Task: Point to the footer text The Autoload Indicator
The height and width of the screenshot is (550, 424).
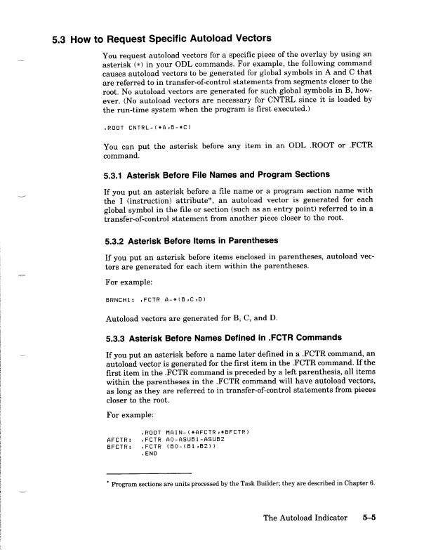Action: click(x=305, y=518)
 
